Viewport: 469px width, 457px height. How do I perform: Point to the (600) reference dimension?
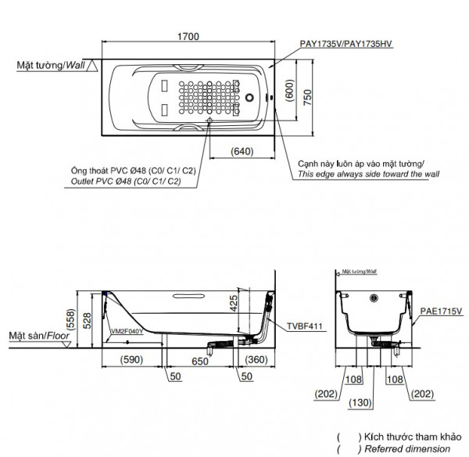[290, 92]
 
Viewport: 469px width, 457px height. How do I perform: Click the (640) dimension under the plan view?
[243, 152]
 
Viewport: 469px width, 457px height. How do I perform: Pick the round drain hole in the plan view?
[250, 99]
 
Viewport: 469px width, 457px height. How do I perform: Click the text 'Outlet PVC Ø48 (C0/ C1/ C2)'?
[121, 182]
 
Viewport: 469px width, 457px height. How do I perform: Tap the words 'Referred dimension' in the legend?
[406, 448]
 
